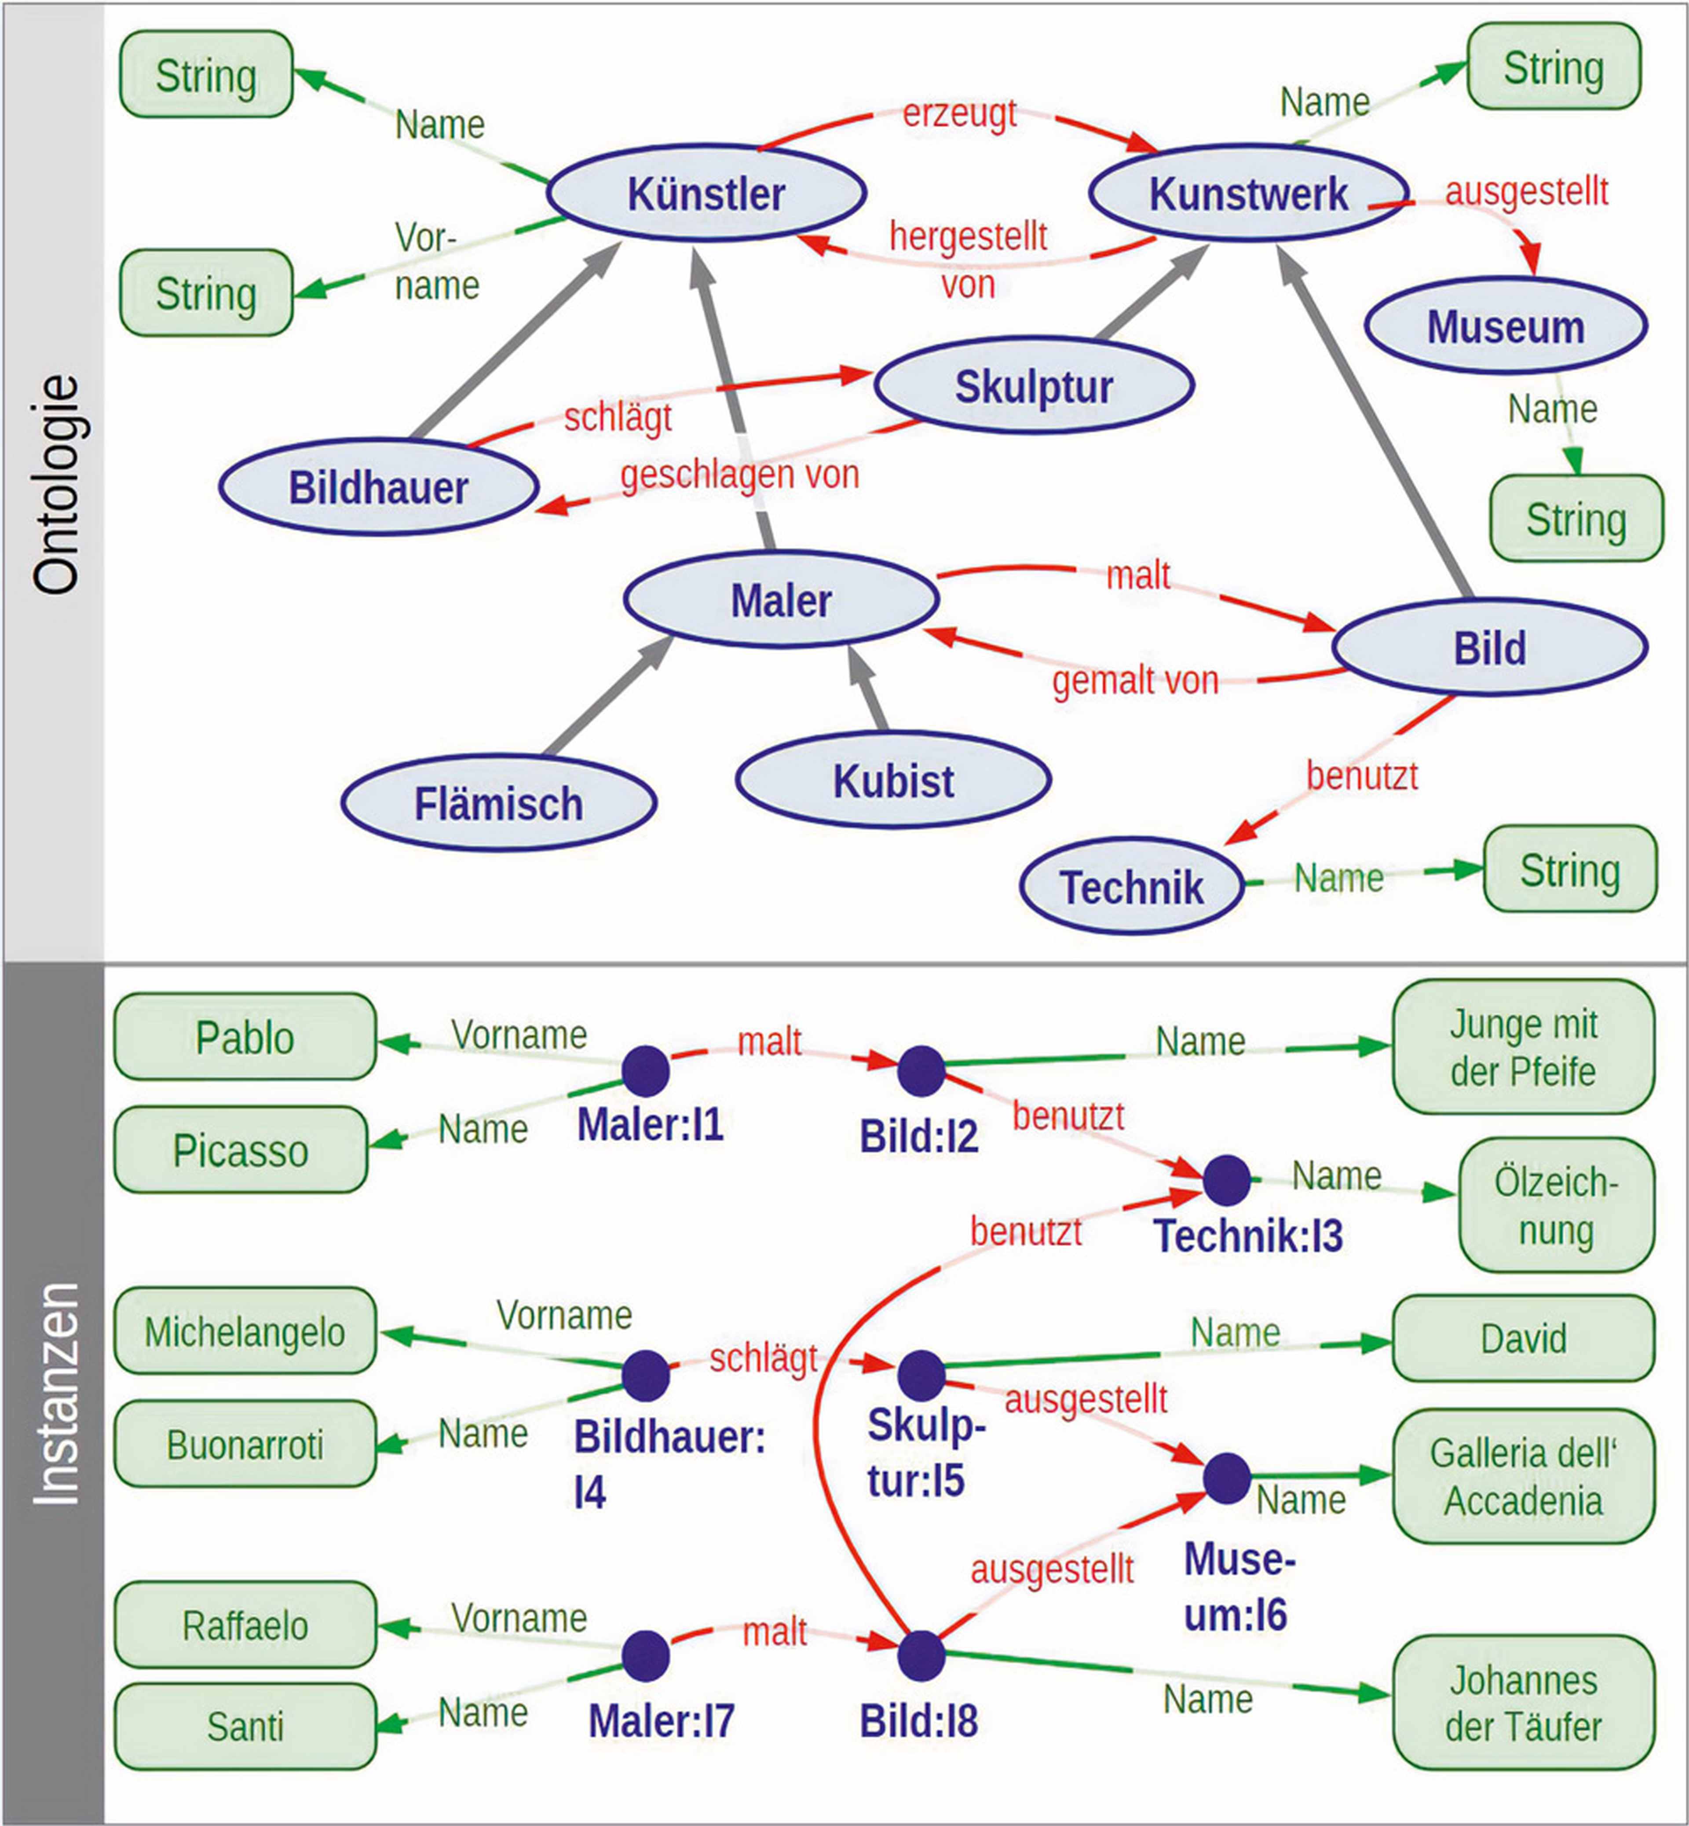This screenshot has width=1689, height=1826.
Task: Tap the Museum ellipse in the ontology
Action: coord(1505,326)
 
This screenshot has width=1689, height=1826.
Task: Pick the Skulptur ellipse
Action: coord(1034,386)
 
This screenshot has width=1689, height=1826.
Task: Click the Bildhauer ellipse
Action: coord(378,487)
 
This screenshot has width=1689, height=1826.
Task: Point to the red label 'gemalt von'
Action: coord(1135,681)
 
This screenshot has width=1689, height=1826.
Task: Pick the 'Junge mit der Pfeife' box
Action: coord(1523,1047)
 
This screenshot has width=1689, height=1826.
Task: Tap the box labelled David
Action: coord(1523,1338)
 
